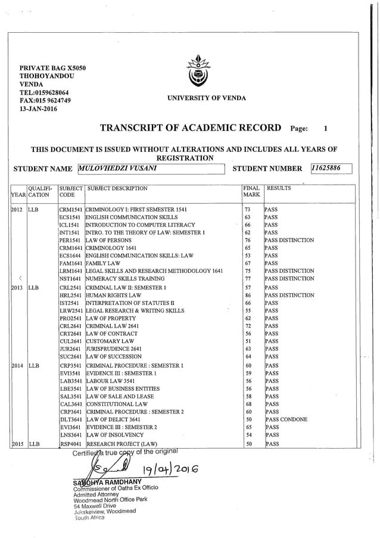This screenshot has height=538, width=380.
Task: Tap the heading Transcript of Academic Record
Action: (191, 127)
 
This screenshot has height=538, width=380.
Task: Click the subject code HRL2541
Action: (70, 295)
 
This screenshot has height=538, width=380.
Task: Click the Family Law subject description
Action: (104, 262)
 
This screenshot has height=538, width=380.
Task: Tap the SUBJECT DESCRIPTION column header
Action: (117, 188)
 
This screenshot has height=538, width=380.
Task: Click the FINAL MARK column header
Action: (251, 192)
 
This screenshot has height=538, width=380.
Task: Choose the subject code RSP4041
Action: (70, 444)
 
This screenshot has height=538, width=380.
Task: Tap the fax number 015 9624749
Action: (45, 101)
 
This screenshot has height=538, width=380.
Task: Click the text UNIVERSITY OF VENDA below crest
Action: (198, 97)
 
